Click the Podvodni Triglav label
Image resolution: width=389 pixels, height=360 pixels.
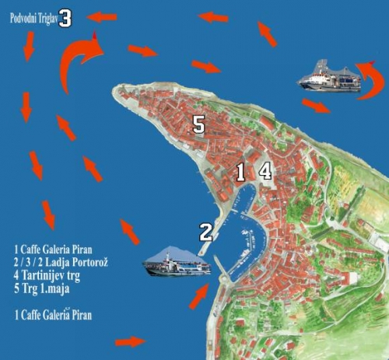(x=33, y=19)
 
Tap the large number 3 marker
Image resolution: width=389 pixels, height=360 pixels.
(x=65, y=18)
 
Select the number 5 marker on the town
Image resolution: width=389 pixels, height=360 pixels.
(x=199, y=124)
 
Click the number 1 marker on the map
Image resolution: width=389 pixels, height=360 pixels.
(x=240, y=172)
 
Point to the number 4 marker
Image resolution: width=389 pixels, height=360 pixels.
(x=265, y=171)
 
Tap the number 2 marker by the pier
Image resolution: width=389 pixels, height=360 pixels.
(x=206, y=232)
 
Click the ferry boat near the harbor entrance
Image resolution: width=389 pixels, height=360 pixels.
(x=177, y=261)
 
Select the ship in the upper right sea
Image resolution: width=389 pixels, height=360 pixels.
(x=329, y=76)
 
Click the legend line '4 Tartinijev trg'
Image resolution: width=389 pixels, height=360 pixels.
(x=47, y=275)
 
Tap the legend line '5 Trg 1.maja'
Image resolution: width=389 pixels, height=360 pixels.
(x=42, y=288)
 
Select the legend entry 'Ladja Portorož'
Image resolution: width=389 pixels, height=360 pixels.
(x=61, y=262)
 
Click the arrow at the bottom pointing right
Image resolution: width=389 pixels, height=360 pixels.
(x=131, y=342)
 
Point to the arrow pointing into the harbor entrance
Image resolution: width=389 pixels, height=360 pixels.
(x=199, y=296)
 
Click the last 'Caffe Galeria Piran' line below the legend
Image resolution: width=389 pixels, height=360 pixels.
(x=53, y=315)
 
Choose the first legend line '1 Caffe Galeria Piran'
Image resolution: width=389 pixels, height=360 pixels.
(x=53, y=250)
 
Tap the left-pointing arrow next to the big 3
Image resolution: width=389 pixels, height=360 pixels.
(x=101, y=17)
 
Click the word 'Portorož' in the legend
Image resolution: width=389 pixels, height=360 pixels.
(x=90, y=262)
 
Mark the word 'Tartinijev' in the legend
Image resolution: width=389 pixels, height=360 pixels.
(x=44, y=275)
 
